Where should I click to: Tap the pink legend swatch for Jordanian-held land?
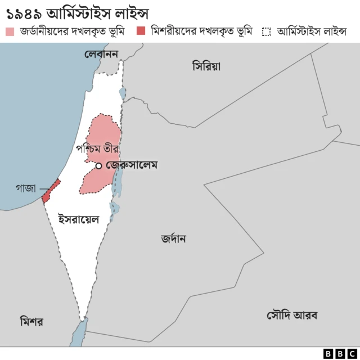click(x=10, y=31)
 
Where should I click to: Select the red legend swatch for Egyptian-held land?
click(x=141, y=31)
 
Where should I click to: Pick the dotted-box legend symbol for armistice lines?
click(x=267, y=31)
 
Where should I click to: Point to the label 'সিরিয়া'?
click(x=206, y=66)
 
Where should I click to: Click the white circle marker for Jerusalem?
click(x=98, y=165)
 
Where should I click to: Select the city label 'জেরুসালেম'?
click(x=132, y=165)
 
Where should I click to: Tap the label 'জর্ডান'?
click(x=173, y=238)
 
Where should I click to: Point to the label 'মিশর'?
click(x=31, y=322)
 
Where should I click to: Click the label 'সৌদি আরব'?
click(x=292, y=315)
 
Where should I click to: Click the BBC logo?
click(x=336, y=353)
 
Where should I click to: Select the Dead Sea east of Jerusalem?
click(x=118, y=180)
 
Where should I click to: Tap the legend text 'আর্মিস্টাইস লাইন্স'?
click(x=312, y=31)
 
